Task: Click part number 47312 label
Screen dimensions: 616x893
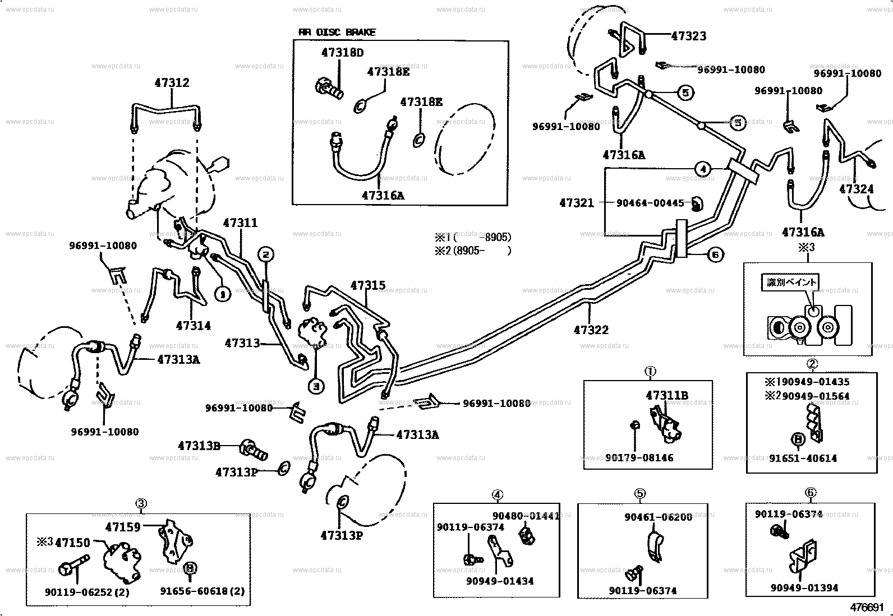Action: click(x=172, y=83)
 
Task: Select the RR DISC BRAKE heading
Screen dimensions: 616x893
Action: click(x=337, y=32)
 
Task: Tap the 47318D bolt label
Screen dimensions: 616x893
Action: click(x=342, y=53)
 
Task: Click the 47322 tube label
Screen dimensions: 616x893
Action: click(x=591, y=330)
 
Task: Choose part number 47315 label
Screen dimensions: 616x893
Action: click(x=368, y=285)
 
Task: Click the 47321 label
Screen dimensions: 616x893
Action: click(x=576, y=203)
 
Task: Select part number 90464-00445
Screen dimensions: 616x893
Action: click(x=650, y=203)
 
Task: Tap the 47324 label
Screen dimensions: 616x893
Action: click(x=856, y=189)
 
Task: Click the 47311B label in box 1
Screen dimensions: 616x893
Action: click(x=666, y=395)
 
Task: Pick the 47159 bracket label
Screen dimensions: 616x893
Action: click(x=123, y=526)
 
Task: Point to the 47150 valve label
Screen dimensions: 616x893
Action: click(x=72, y=543)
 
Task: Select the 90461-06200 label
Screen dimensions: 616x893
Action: click(x=658, y=517)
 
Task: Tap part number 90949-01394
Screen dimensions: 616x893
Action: click(x=804, y=587)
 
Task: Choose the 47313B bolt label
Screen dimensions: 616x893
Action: click(x=199, y=446)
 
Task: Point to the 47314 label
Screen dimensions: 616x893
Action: click(x=193, y=325)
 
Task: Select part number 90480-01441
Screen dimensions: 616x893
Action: click(x=526, y=516)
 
